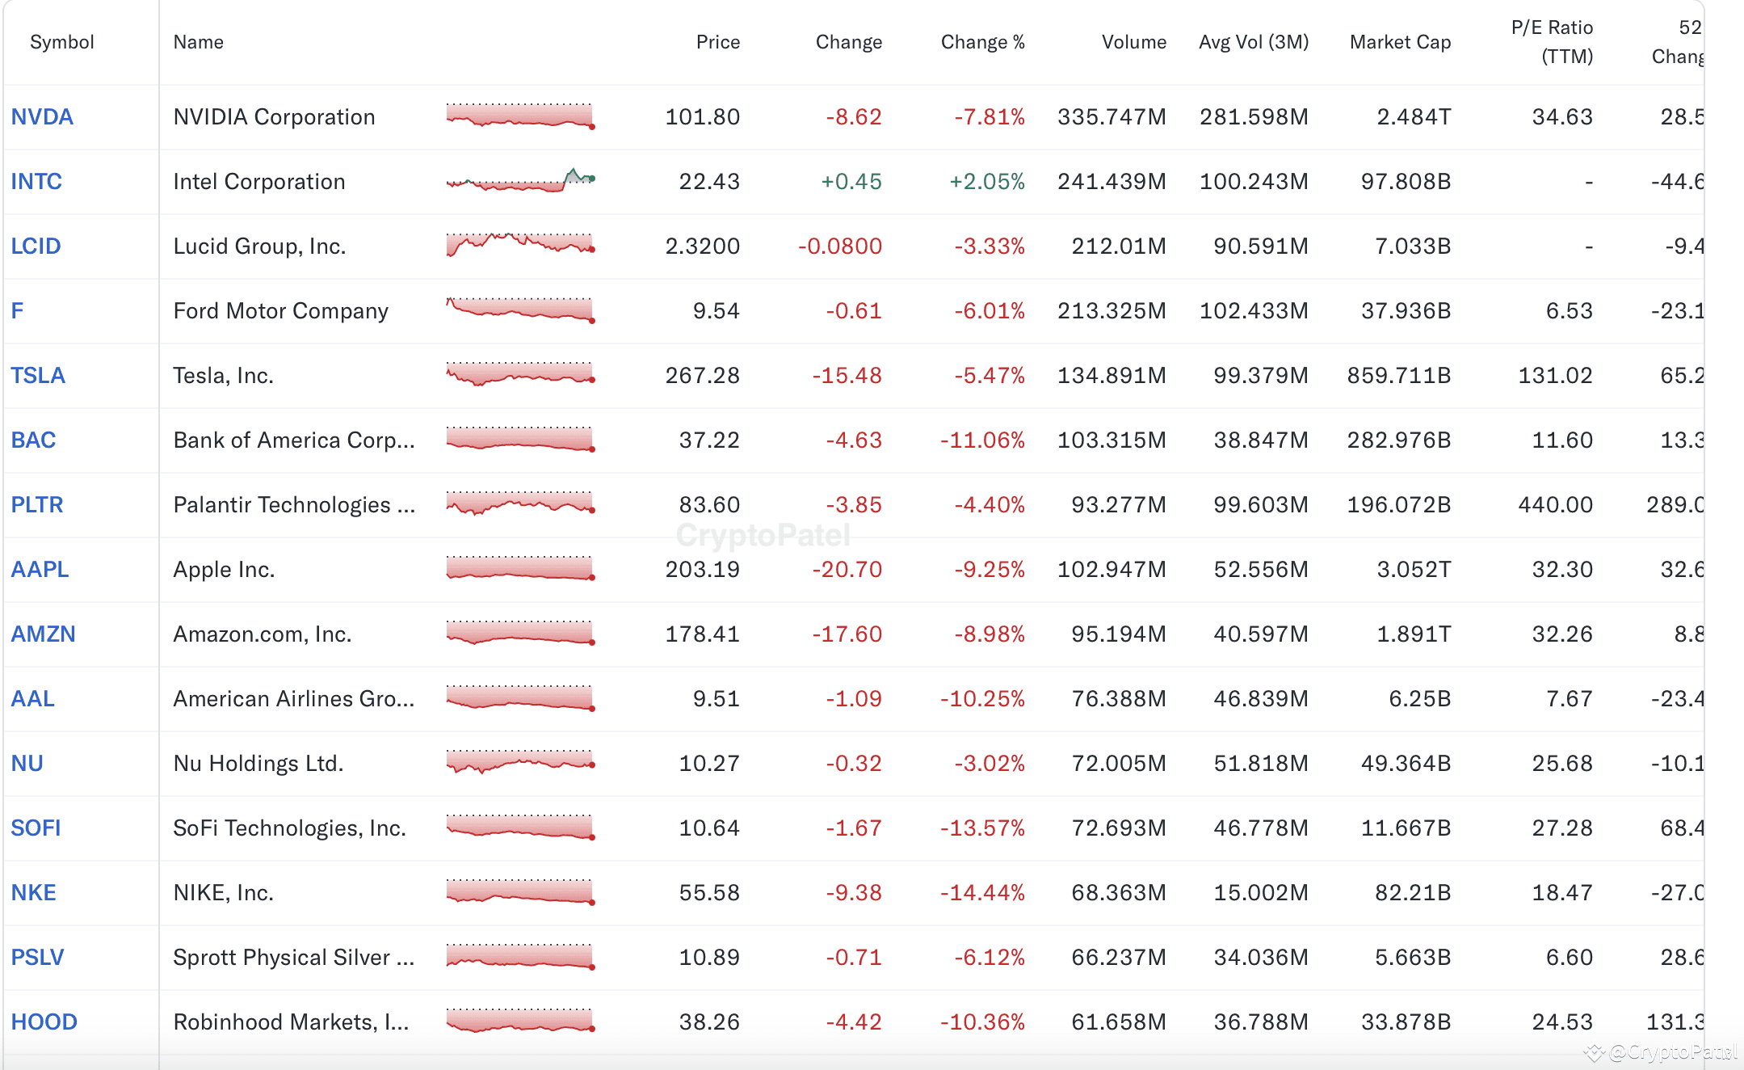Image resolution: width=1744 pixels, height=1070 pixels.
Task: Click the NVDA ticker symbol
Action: point(42,117)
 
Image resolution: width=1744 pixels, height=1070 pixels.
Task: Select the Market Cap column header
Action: point(1400,42)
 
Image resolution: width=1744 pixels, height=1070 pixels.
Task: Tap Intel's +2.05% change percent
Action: point(986,182)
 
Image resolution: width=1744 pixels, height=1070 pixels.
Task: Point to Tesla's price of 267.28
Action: point(702,376)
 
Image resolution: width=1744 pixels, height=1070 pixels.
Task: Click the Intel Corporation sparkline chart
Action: point(520,179)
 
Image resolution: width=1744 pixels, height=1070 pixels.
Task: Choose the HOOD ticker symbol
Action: point(44,1022)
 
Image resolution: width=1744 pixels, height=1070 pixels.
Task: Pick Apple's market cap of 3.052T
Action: point(1414,570)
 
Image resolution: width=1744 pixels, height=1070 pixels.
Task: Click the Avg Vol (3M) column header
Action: point(1254,42)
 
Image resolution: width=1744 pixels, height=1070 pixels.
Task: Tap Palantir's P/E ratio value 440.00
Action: point(1555,505)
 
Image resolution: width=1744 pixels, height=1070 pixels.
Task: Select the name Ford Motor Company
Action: point(280,311)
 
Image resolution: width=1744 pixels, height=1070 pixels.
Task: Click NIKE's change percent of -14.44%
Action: point(982,893)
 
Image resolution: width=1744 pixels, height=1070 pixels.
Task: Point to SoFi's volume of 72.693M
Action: point(1119,828)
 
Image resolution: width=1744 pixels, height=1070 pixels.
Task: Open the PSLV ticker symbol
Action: point(37,958)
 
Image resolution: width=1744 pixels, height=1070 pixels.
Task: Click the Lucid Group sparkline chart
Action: point(520,244)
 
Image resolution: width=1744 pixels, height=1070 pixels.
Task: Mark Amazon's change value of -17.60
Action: point(847,634)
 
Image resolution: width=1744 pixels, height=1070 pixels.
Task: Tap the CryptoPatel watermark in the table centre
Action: point(763,535)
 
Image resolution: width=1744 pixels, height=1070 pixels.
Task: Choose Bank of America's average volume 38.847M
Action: point(1261,440)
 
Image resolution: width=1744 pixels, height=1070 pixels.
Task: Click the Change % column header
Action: point(982,42)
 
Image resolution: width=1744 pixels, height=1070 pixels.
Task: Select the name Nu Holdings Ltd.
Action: point(258,764)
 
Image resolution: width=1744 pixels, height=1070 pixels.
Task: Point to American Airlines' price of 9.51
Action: point(717,699)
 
